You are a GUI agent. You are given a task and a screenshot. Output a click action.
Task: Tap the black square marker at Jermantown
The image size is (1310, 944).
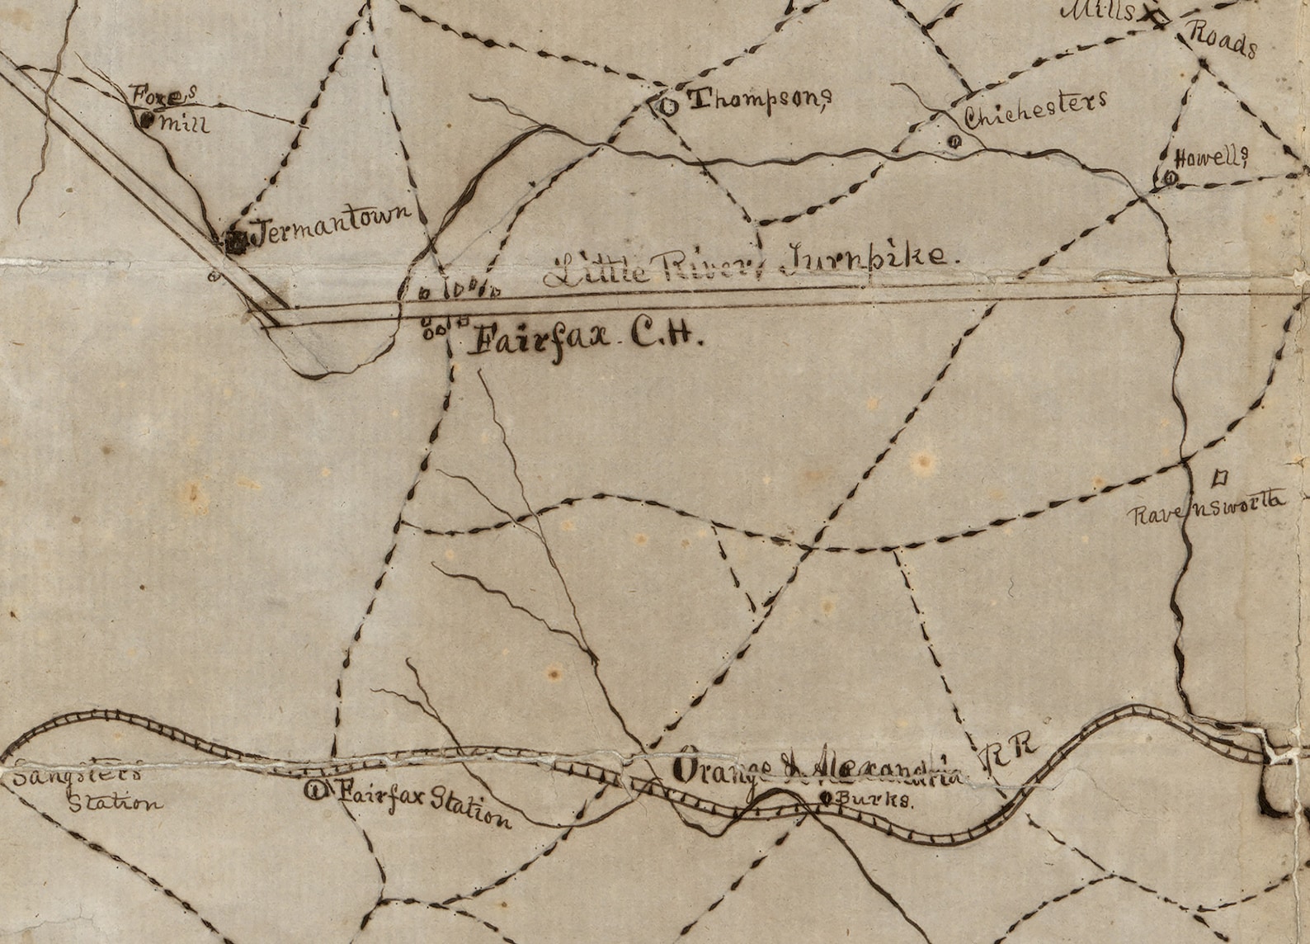[235, 241]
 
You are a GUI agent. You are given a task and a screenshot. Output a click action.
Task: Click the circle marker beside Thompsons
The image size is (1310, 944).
[667, 105]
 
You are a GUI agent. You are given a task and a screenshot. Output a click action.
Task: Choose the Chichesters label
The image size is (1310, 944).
[1034, 110]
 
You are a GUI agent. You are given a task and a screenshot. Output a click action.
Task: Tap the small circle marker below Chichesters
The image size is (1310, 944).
[954, 141]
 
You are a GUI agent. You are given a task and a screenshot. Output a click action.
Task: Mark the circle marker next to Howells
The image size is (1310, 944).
[1170, 178]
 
